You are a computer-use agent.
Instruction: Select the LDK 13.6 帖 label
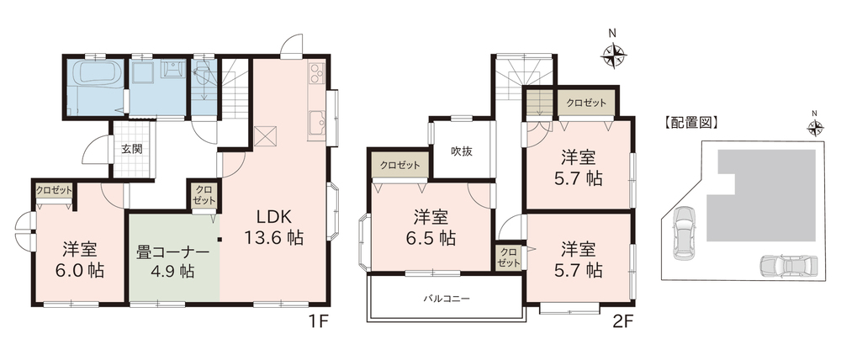[x=273, y=227]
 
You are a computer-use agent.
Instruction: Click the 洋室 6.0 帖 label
[x=80, y=260]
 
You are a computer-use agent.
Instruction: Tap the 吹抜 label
[x=461, y=151]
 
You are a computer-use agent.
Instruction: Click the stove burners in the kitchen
[x=316, y=73]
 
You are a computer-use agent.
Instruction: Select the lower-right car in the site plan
[x=789, y=265]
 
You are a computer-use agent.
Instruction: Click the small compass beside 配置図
[x=815, y=127]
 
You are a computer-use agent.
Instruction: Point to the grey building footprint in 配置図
[x=762, y=195]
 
